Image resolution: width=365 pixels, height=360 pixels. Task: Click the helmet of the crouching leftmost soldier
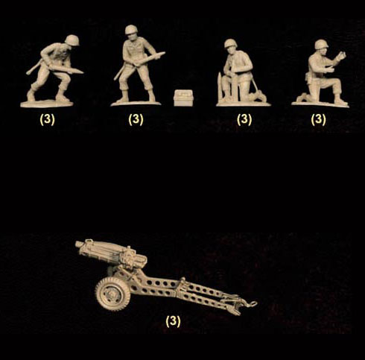72,40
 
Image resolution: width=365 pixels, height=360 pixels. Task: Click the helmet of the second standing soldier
131,30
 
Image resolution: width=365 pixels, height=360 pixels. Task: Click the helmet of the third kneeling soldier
231,43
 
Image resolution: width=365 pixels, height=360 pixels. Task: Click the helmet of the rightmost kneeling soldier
321,44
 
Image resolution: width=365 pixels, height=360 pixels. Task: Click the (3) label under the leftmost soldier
47,119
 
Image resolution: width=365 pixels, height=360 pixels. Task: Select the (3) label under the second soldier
136,119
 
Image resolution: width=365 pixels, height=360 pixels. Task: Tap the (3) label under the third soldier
244,119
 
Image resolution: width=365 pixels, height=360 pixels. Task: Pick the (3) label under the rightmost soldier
319,119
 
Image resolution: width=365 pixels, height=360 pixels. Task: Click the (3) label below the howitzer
173,321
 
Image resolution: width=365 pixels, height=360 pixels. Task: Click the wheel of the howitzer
112,294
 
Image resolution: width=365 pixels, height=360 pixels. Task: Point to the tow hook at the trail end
253,303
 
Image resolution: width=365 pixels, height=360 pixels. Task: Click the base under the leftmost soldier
47,104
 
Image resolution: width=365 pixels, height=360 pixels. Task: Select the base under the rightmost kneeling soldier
320,104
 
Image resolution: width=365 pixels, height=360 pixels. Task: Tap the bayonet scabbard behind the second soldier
119,72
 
